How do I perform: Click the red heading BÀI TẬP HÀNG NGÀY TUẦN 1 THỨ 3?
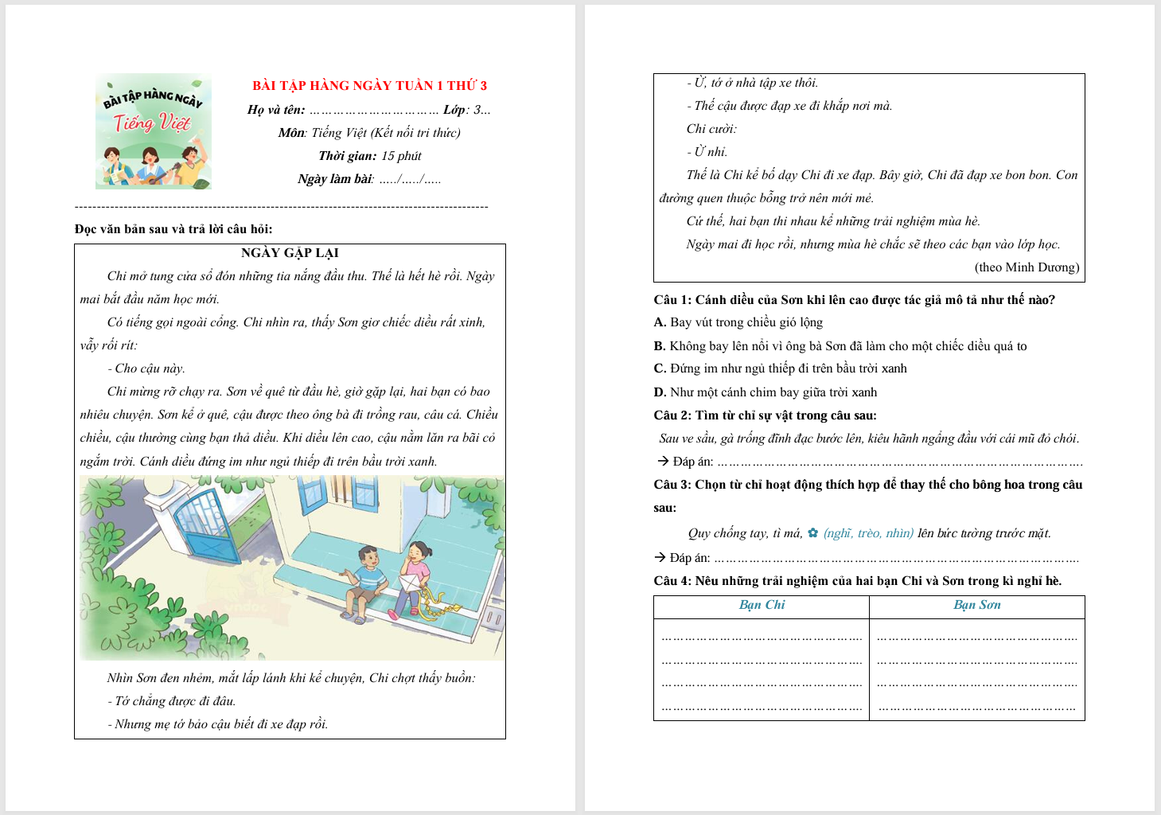[x=369, y=86]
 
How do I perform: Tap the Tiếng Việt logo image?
[x=154, y=131]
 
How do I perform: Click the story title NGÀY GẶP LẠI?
[x=290, y=253]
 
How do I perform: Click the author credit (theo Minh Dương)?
[x=1027, y=267]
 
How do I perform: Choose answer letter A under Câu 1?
[x=660, y=322]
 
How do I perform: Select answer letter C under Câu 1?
[x=660, y=369]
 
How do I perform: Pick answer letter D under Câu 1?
[x=660, y=392]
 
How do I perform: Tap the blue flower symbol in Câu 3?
[x=812, y=533]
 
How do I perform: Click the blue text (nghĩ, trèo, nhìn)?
[x=868, y=533]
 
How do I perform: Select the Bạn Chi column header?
[x=762, y=605]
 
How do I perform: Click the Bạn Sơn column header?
[x=977, y=605]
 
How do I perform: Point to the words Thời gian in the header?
[x=347, y=156]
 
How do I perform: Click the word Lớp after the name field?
[x=454, y=110]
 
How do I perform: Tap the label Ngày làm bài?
[x=334, y=179]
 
